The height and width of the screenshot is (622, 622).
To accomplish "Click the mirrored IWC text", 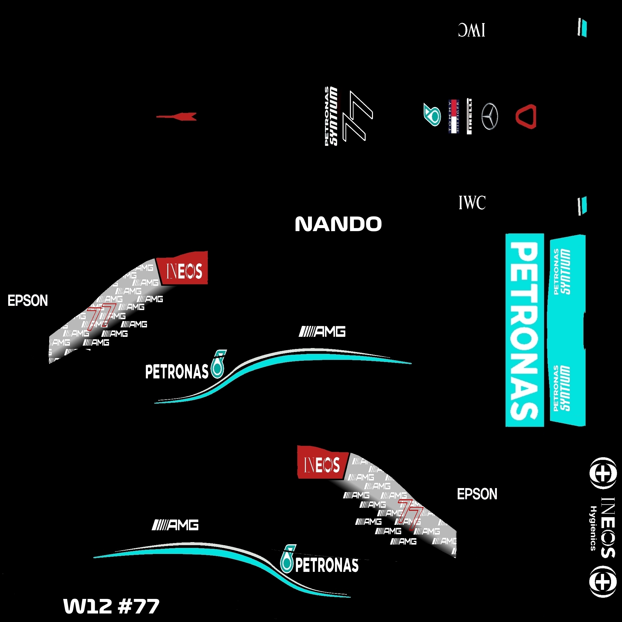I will point(472,30).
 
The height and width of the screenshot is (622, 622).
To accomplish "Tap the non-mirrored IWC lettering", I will point(472,203).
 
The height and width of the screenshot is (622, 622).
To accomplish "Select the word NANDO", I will point(338,224).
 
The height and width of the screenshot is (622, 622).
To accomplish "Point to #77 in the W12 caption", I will point(138,606).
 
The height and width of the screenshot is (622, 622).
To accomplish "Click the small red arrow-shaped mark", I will point(177,117).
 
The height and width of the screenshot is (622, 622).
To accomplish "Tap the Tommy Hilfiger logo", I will point(454,116).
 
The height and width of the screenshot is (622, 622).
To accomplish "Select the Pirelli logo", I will point(470,116).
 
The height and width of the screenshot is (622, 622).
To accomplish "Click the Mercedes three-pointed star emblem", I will point(490,116).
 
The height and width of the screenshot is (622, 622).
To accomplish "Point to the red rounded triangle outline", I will point(526,116).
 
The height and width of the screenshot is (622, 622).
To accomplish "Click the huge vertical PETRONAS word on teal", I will point(525,330).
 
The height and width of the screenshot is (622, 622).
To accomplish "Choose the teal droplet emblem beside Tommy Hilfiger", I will point(433,115).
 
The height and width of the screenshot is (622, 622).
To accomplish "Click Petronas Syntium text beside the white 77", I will point(332,116).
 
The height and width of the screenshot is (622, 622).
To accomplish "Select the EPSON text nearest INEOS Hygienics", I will point(477,494).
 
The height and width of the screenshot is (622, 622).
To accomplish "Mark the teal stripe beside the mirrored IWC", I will point(583,28).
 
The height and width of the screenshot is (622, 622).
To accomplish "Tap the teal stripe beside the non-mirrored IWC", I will point(583,206).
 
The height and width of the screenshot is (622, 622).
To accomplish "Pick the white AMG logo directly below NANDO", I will point(322,332).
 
